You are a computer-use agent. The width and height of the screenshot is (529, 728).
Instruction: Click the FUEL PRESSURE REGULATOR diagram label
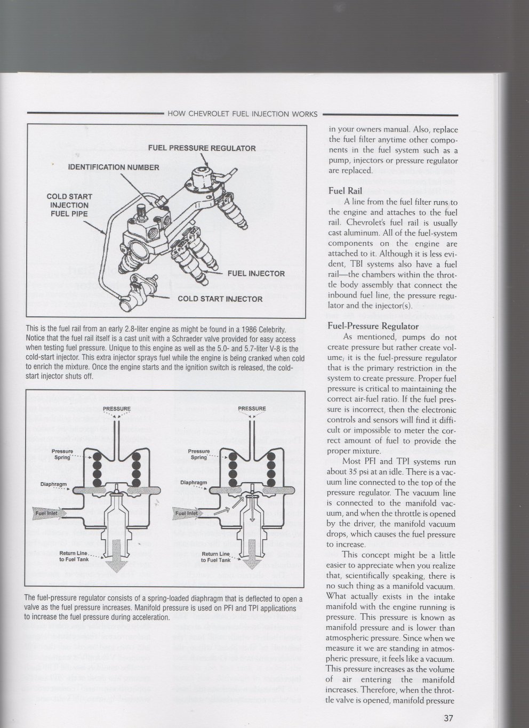pos(202,148)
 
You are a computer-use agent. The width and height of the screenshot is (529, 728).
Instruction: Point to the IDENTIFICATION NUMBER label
pos(114,167)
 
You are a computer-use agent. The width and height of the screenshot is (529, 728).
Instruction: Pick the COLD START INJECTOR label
pos(220,299)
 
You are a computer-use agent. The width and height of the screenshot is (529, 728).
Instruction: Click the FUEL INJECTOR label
pos(256,274)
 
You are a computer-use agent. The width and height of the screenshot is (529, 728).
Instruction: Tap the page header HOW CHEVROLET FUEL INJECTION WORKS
pos(242,114)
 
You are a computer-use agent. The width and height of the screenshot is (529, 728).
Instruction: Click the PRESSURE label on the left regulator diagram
pos(117,409)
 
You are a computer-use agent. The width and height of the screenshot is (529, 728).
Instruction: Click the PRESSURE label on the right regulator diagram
pos(252,409)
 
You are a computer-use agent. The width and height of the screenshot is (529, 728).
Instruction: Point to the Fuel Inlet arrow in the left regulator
pos(49,513)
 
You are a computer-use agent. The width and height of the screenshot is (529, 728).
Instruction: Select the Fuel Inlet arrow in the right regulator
pos(186,513)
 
